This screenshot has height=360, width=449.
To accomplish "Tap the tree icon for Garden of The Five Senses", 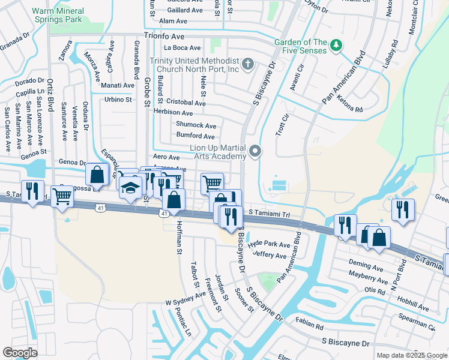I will [x=337, y=45].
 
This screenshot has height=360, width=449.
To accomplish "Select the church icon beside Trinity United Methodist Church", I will [x=247, y=63].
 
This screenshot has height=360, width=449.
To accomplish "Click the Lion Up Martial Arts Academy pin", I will [x=256, y=151].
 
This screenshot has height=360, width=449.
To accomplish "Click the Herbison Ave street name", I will [x=173, y=113].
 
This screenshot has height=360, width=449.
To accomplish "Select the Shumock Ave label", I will [x=196, y=125].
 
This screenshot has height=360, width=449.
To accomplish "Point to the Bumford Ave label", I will [x=195, y=136].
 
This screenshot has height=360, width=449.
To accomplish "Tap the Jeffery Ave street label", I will [x=270, y=255].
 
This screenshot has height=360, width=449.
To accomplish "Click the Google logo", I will [x=20, y=353].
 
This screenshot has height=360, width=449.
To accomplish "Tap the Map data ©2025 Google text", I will [x=411, y=355].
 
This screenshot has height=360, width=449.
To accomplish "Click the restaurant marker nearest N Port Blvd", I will [x=402, y=211].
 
